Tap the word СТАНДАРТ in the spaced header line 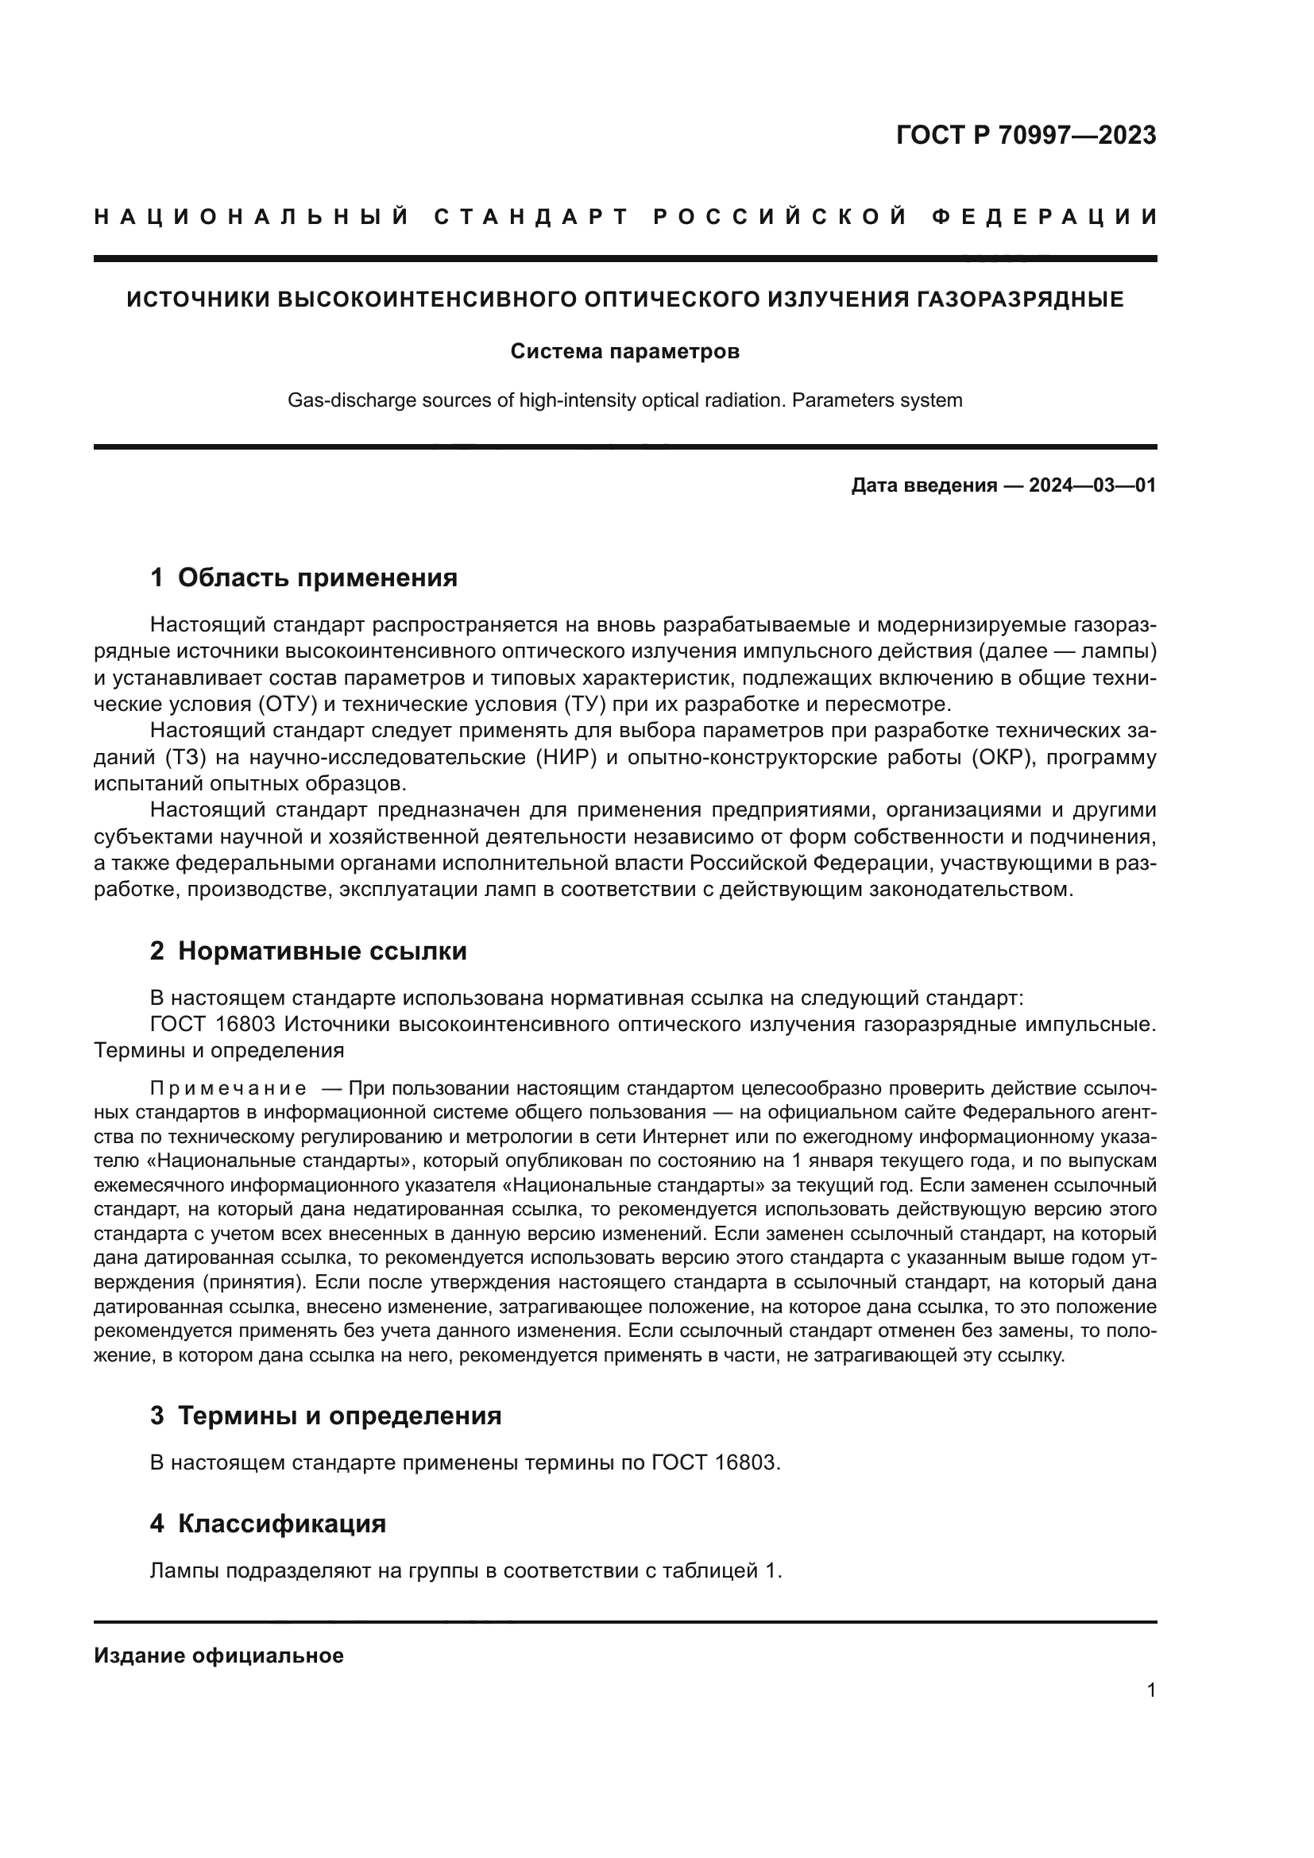click(x=532, y=217)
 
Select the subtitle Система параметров click(x=624, y=352)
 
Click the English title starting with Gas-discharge click(x=624, y=400)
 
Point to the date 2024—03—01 click(x=1092, y=485)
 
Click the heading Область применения click(x=317, y=577)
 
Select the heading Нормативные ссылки click(x=322, y=951)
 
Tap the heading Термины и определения click(x=339, y=1416)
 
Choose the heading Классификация click(x=281, y=1524)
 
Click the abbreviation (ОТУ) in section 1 click(x=288, y=703)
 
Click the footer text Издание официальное click(x=218, y=1655)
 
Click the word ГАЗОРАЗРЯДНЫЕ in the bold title click(x=1020, y=300)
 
